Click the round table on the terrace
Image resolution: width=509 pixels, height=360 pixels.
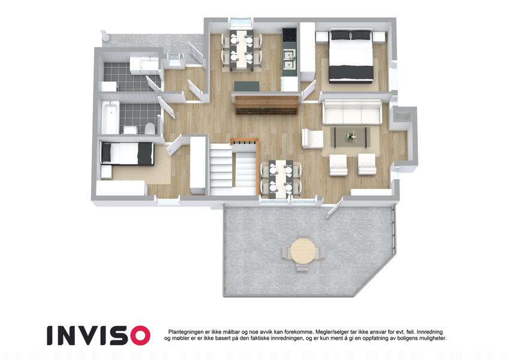tap(303, 251)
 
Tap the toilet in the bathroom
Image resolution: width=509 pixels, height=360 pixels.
tap(150, 128)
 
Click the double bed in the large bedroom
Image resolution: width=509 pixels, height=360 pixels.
tap(351, 55)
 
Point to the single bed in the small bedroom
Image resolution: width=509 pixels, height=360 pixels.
tap(127, 154)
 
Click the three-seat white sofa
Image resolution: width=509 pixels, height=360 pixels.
tap(352, 112)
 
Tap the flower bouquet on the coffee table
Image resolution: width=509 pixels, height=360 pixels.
tap(350, 136)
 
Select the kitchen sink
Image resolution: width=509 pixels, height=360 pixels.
tap(289, 59)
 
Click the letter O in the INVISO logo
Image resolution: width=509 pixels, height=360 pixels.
tap(138, 335)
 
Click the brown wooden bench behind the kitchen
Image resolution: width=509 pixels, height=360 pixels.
tap(266, 104)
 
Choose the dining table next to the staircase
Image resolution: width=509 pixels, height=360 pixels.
tap(281, 179)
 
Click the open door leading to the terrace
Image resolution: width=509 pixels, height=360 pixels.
tap(335, 208)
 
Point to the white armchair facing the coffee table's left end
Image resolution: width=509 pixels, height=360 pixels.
tap(312, 139)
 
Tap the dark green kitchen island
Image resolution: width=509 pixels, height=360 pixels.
tap(247, 86)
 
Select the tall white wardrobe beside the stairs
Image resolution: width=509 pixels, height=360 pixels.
tap(198, 165)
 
